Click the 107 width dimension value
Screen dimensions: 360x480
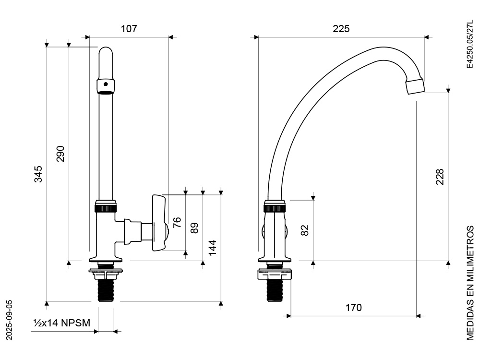coord(129,29)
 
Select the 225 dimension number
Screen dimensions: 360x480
coord(341,29)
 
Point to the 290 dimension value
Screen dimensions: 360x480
coord(60,154)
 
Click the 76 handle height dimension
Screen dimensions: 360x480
coord(177,222)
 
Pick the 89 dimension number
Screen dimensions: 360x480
coord(194,228)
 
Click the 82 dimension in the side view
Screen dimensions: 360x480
coord(304,230)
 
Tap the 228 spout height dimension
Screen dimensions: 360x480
coord(440,177)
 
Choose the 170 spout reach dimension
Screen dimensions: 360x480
coord(353,308)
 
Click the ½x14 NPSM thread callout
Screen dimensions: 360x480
coord(61,323)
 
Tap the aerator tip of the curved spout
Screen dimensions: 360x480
coord(415,87)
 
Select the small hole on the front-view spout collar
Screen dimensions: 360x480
coord(107,85)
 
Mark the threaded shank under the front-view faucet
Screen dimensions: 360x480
coord(106,290)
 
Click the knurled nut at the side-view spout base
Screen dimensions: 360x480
coord(275,208)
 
